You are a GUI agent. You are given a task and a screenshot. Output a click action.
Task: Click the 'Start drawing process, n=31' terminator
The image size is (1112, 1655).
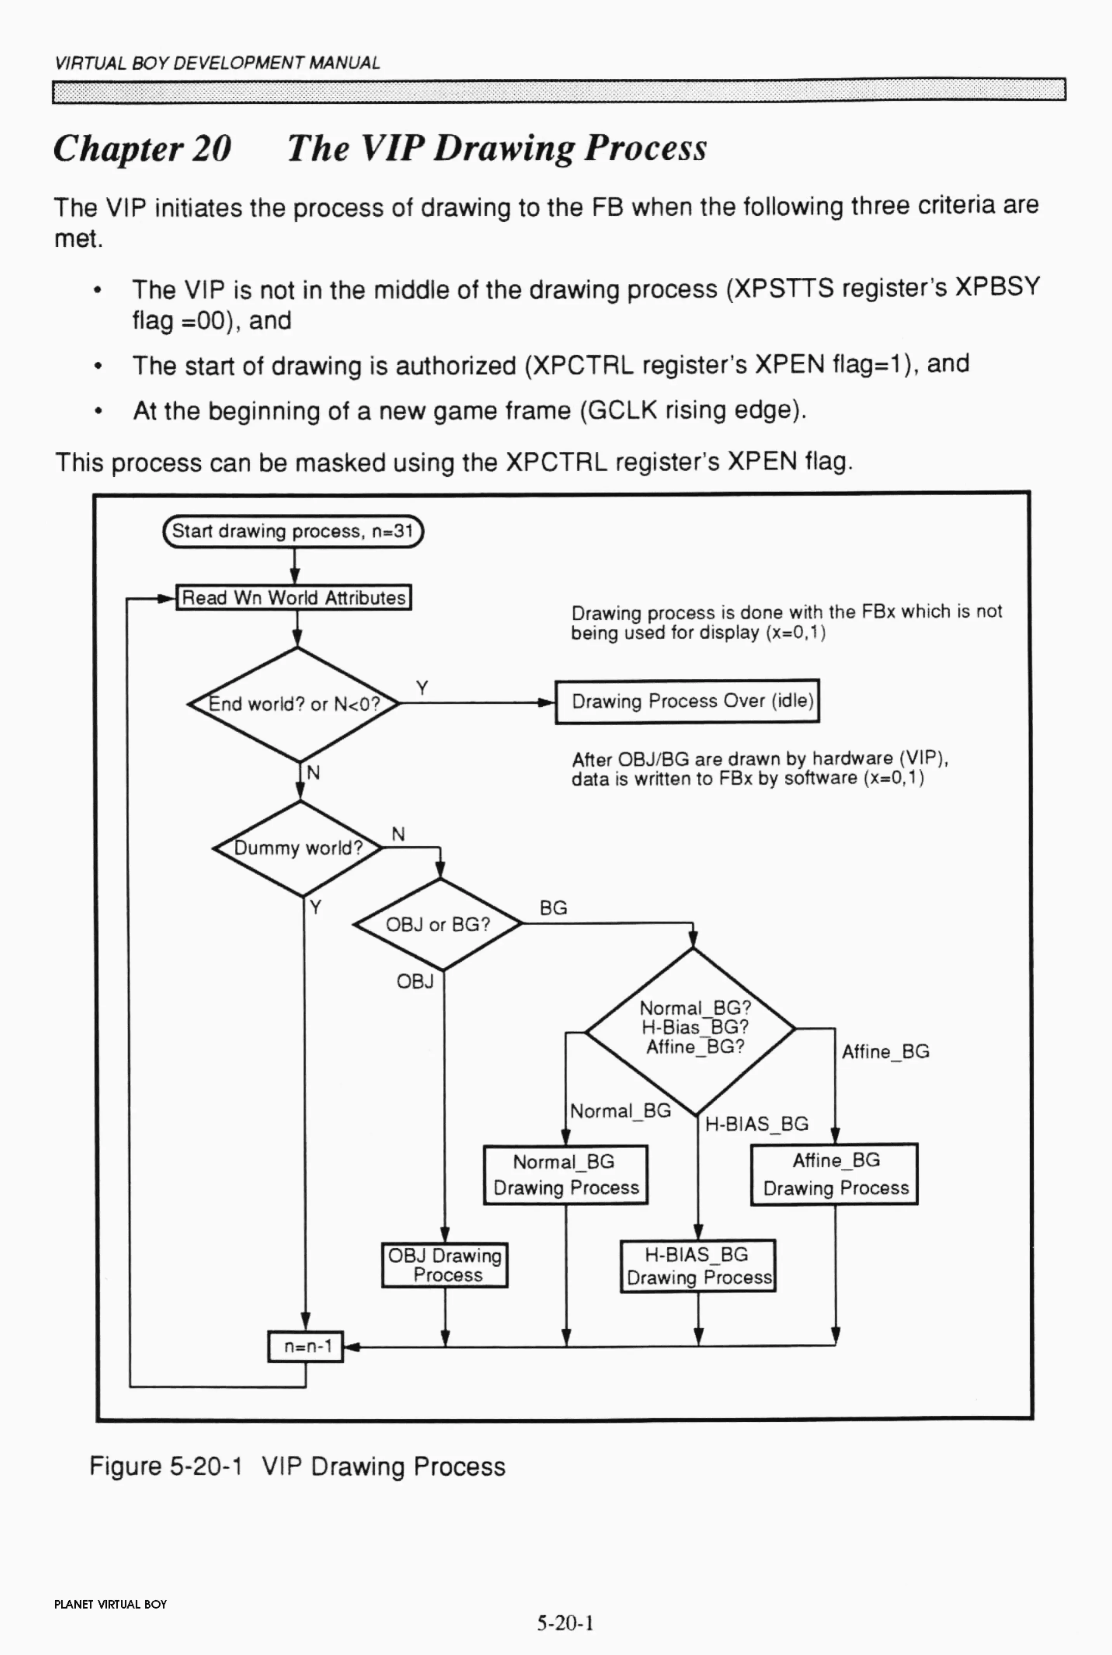pyautogui.click(x=293, y=532)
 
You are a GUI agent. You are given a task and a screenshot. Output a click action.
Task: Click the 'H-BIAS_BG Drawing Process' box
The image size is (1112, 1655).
pyautogui.click(x=698, y=1266)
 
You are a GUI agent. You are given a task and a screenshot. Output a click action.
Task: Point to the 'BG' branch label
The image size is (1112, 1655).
pyautogui.click(x=553, y=908)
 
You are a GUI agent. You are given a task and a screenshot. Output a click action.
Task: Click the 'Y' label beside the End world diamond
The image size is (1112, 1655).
pyautogui.click(x=422, y=687)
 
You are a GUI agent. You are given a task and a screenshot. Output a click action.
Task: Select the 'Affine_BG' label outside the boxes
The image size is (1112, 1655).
pyautogui.click(x=885, y=1051)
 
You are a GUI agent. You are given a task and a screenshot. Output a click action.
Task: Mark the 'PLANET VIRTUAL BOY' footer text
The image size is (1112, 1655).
pyautogui.click(x=110, y=1604)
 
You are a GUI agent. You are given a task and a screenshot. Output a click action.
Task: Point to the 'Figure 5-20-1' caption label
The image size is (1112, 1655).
pyautogui.click(x=165, y=1465)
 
